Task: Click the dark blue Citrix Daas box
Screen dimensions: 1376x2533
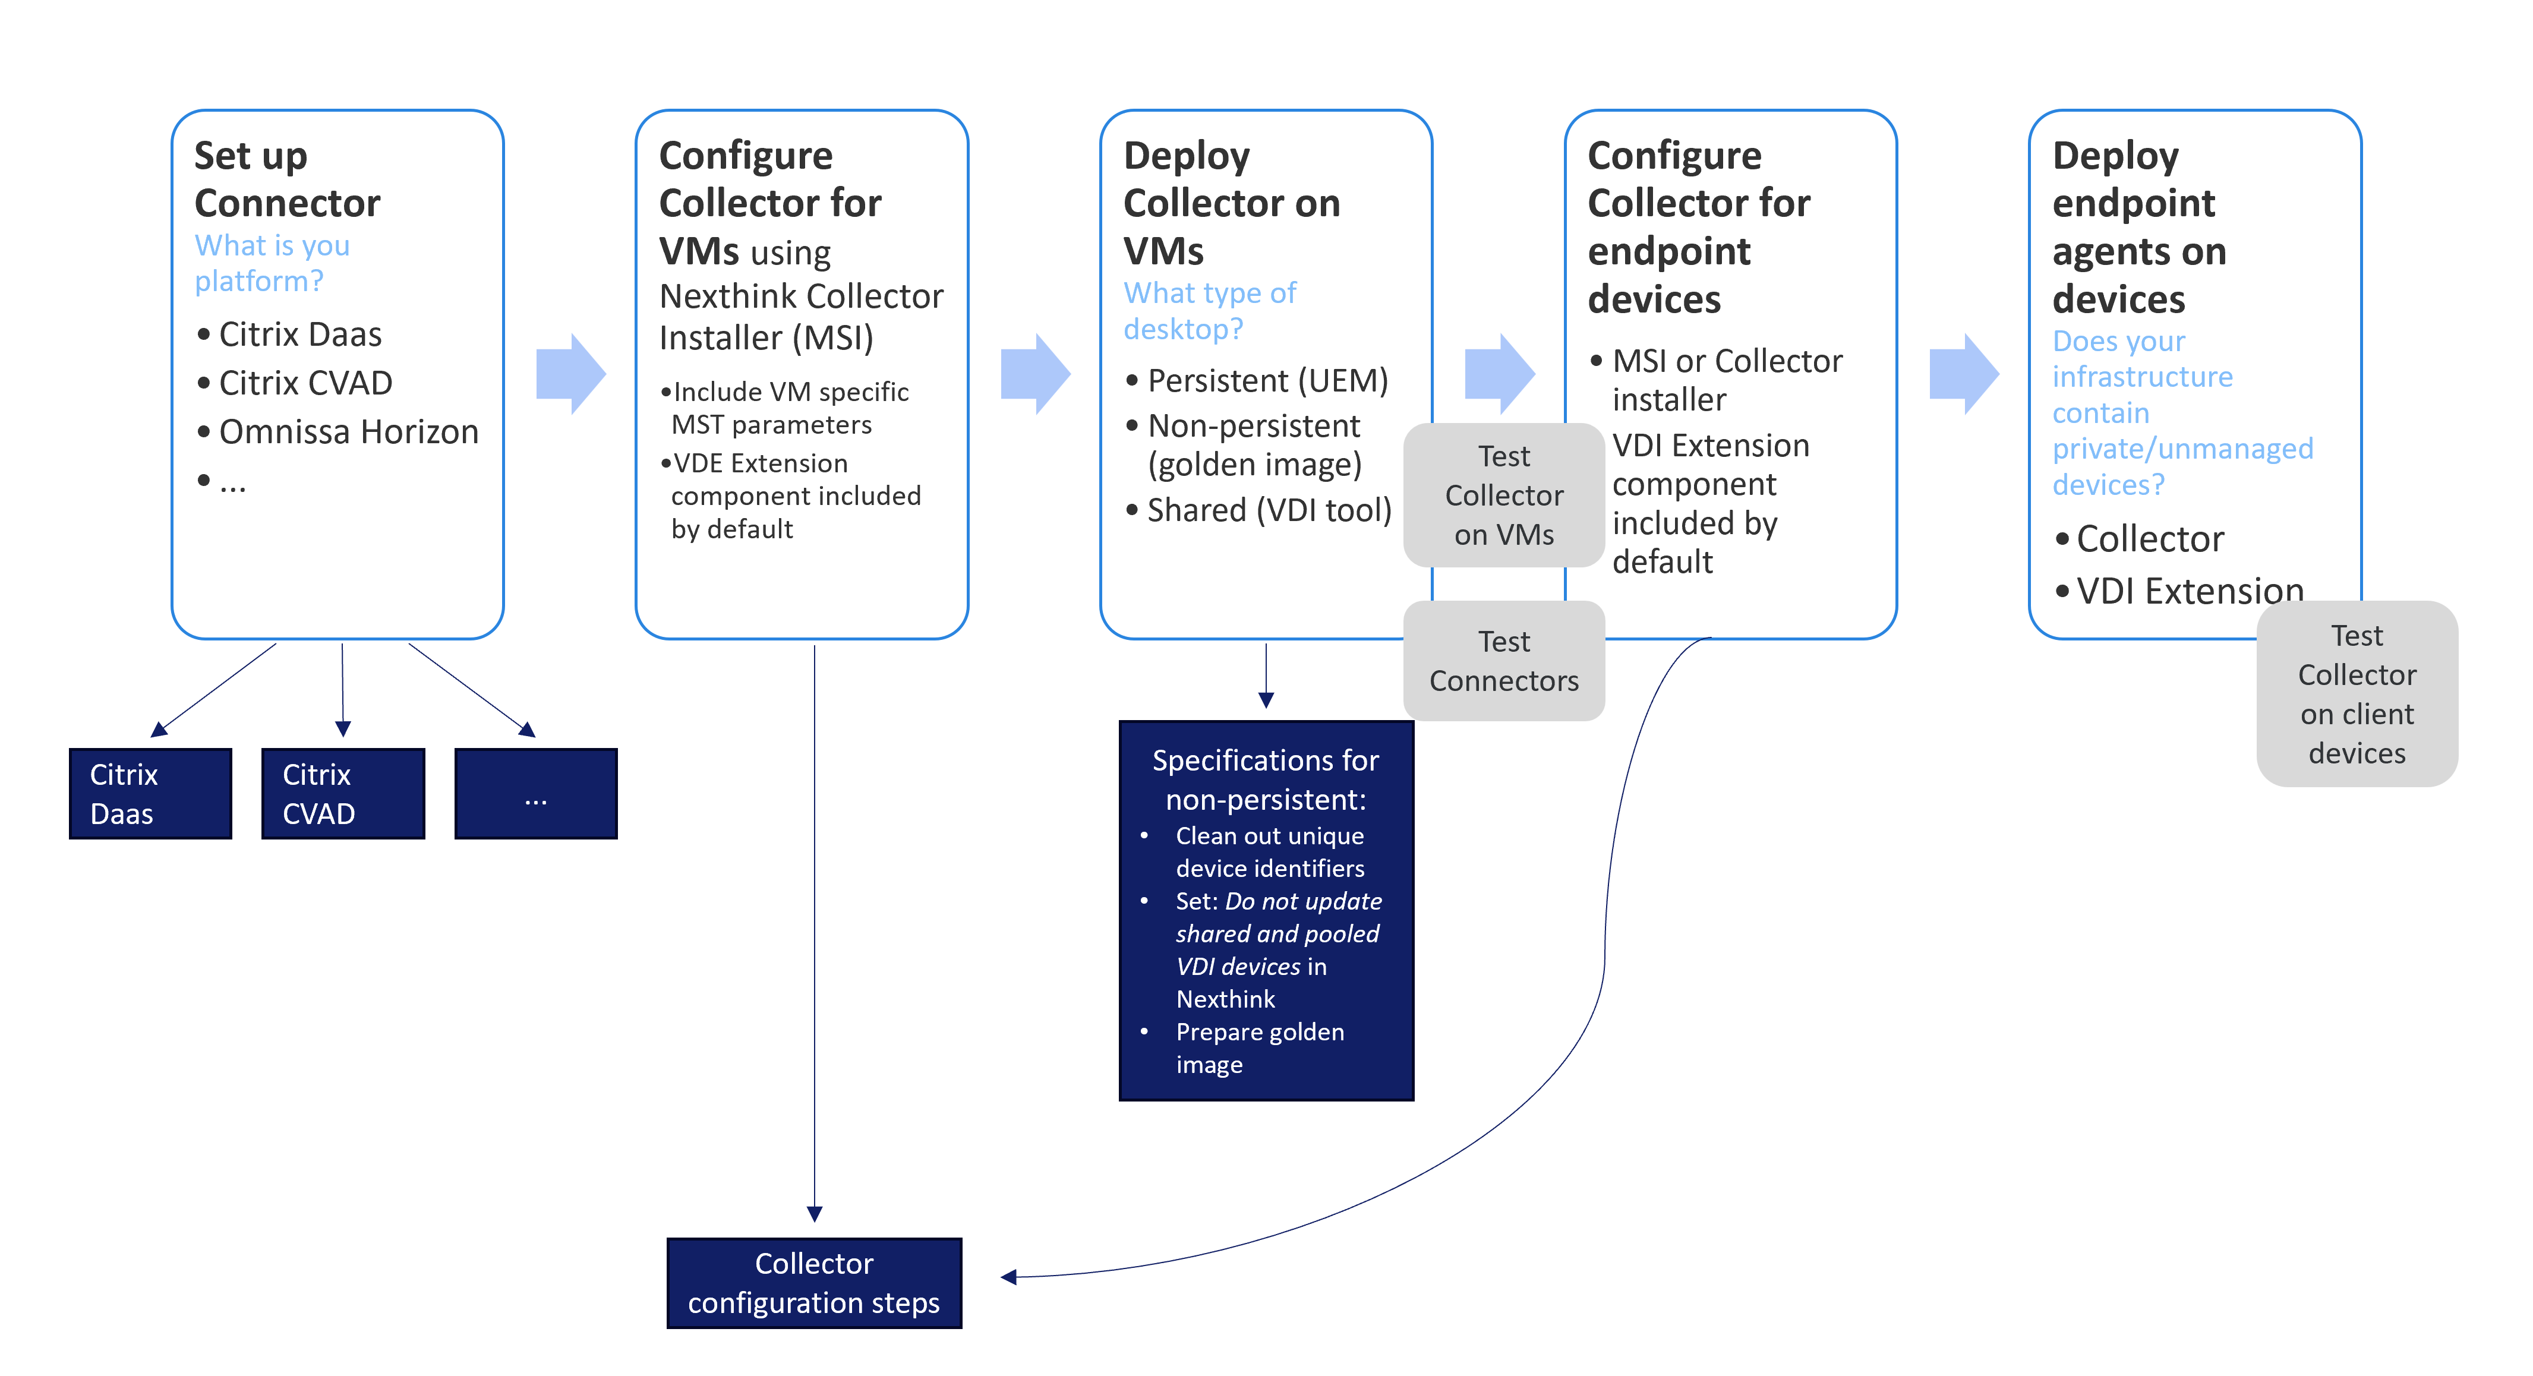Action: pos(150,794)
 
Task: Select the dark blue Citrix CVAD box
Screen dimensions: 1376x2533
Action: pos(343,794)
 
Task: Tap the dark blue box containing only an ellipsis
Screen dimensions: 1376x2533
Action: pos(536,794)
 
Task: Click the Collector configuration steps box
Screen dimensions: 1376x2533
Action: pos(814,1283)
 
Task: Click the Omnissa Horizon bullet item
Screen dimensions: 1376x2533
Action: pos(348,432)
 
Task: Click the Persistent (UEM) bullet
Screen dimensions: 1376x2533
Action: pos(1267,381)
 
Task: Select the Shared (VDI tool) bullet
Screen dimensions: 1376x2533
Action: pos(1269,510)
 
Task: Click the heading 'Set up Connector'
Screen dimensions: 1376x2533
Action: pos(286,179)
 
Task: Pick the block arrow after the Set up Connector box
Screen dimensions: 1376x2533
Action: pos(571,374)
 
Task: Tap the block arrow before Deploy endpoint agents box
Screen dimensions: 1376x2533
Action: pos(1964,374)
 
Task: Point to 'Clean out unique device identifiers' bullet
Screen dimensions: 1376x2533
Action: pos(1269,852)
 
